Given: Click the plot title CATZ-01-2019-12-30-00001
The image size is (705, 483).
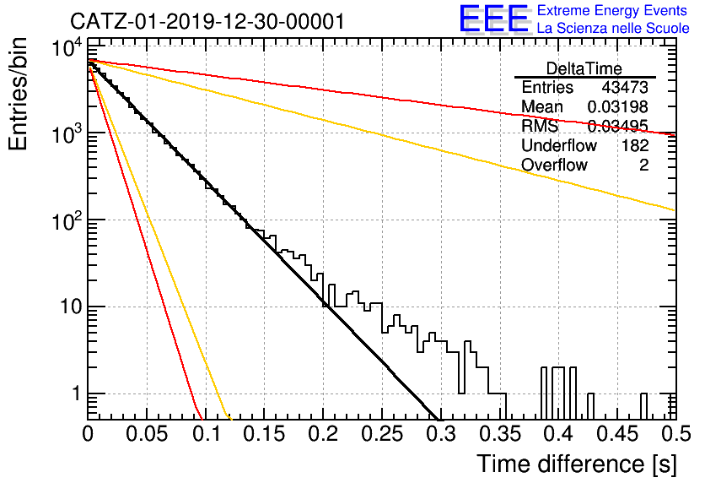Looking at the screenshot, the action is [x=207, y=21].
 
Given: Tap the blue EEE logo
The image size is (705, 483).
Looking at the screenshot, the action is [x=493, y=19].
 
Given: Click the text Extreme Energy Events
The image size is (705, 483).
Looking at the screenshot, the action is [x=612, y=10].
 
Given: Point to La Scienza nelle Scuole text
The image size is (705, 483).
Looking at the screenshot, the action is [x=613, y=28].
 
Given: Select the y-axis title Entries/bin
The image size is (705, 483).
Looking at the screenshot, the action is [x=18, y=94].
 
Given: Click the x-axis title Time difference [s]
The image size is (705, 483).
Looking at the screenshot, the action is [x=577, y=464].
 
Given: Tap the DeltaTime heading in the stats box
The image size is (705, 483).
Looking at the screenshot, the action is [x=584, y=68].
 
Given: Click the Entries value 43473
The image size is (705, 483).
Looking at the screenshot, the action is [x=625, y=87].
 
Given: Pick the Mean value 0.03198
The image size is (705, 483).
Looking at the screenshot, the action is [x=618, y=106].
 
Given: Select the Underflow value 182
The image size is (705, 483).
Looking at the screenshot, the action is [x=635, y=145].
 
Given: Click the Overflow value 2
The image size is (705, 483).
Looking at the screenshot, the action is [x=643, y=165].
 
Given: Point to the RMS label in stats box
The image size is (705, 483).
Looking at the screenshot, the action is [x=540, y=126].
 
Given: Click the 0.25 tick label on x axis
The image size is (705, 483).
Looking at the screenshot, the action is [x=382, y=433].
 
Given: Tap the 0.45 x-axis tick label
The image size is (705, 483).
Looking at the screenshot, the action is [x=617, y=433].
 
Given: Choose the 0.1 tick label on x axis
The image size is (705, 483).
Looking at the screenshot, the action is [x=206, y=433].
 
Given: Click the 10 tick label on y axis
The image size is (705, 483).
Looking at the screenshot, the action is [x=71, y=307].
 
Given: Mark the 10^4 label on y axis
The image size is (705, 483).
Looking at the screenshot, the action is [x=67, y=47].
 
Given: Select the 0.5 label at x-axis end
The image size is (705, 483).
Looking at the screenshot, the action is [x=675, y=433].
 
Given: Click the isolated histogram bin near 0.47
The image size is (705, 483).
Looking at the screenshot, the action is [x=643, y=406].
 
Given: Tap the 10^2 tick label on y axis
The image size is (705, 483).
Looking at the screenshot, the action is [x=67, y=220].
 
